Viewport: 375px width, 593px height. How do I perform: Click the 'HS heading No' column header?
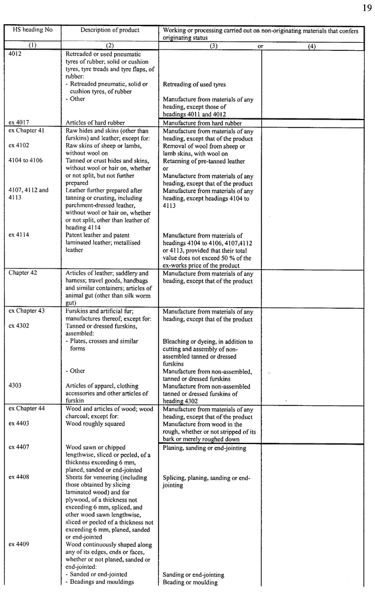point(32,30)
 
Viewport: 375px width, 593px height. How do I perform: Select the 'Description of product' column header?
point(110,30)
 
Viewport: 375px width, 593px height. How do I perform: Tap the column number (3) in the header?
point(213,46)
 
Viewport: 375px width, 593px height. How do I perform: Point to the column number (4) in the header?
point(312,46)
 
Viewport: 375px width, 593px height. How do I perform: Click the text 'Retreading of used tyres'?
point(194,84)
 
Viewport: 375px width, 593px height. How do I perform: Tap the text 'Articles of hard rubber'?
point(95,122)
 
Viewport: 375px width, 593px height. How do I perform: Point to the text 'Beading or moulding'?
point(190,582)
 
